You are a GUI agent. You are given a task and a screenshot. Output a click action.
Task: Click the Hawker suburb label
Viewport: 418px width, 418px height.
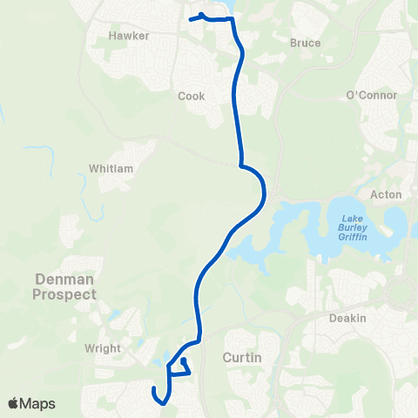click(x=130, y=36)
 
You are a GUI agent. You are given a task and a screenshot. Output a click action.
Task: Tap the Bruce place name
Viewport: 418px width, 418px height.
click(x=305, y=43)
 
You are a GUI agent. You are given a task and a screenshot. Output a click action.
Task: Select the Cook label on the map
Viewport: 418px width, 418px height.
click(x=191, y=96)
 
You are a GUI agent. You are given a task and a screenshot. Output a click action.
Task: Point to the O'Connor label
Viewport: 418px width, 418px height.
click(x=371, y=95)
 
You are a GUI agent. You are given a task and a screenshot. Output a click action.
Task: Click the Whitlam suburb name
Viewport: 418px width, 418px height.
click(x=110, y=167)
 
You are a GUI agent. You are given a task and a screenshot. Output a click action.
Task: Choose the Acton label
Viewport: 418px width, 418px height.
click(x=385, y=194)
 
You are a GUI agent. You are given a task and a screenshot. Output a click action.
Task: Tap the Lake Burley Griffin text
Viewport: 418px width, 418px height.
click(x=353, y=227)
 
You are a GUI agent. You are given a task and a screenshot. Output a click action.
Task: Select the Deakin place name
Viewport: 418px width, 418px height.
click(x=347, y=318)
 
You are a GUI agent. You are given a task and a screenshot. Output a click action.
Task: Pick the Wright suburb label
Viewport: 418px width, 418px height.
click(x=103, y=348)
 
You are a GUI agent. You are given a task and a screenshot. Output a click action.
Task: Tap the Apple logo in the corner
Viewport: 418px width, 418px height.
click(x=14, y=403)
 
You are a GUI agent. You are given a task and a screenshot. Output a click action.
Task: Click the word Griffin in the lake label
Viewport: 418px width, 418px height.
click(x=353, y=237)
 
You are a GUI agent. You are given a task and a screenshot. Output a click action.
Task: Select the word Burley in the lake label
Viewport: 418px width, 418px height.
click(x=353, y=227)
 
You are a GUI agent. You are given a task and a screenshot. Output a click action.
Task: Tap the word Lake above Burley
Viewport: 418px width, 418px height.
click(x=353, y=218)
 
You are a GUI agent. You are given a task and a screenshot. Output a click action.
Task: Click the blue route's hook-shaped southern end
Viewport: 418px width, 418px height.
click(x=154, y=389)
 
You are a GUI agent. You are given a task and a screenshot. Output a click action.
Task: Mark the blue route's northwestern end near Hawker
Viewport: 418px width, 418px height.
click(x=190, y=18)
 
